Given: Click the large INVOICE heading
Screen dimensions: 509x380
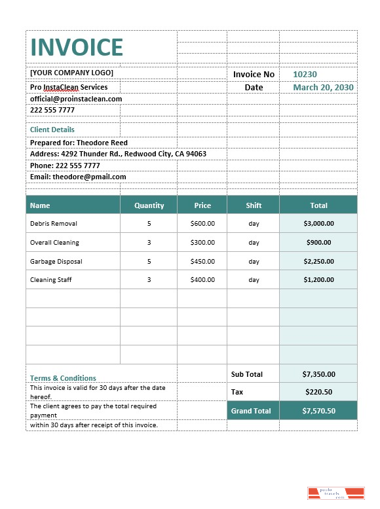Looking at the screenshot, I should (x=77, y=47).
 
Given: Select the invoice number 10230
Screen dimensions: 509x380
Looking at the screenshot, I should (x=305, y=75).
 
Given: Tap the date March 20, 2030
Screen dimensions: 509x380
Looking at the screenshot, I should (x=323, y=87).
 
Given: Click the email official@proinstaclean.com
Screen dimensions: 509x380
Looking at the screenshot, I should (x=76, y=99).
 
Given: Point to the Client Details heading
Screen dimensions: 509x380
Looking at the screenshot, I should (x=52, y=130).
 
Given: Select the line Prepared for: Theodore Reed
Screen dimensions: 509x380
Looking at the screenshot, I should (x=79, y=143).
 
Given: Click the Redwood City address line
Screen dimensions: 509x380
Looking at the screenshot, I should (x=118, y=154).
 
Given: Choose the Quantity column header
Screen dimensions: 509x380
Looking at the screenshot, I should (x=149, y=205).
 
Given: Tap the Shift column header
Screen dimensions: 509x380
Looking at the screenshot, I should (x=254, y=205).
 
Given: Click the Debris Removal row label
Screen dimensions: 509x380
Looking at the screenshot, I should (x=54, y=224).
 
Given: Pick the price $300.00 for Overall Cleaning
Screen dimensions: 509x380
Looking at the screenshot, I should (x=202, y=243).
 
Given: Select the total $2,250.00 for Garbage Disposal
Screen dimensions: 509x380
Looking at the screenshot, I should (x=318, y=262).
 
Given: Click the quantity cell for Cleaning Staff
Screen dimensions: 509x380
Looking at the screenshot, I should (x=149, y=280).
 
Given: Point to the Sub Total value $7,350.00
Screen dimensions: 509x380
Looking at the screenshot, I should (x=318, y=374).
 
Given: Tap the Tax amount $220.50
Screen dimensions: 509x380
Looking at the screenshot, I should (x=318, y=392).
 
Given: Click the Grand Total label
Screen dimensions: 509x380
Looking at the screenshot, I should (x=251, y=411).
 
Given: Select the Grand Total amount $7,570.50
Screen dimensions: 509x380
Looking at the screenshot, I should (x=318, y=411).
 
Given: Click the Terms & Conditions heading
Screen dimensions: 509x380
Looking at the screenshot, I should (x=63, y=378).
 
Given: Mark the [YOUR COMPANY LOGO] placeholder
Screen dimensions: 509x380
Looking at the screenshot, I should (x=71, y=73).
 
